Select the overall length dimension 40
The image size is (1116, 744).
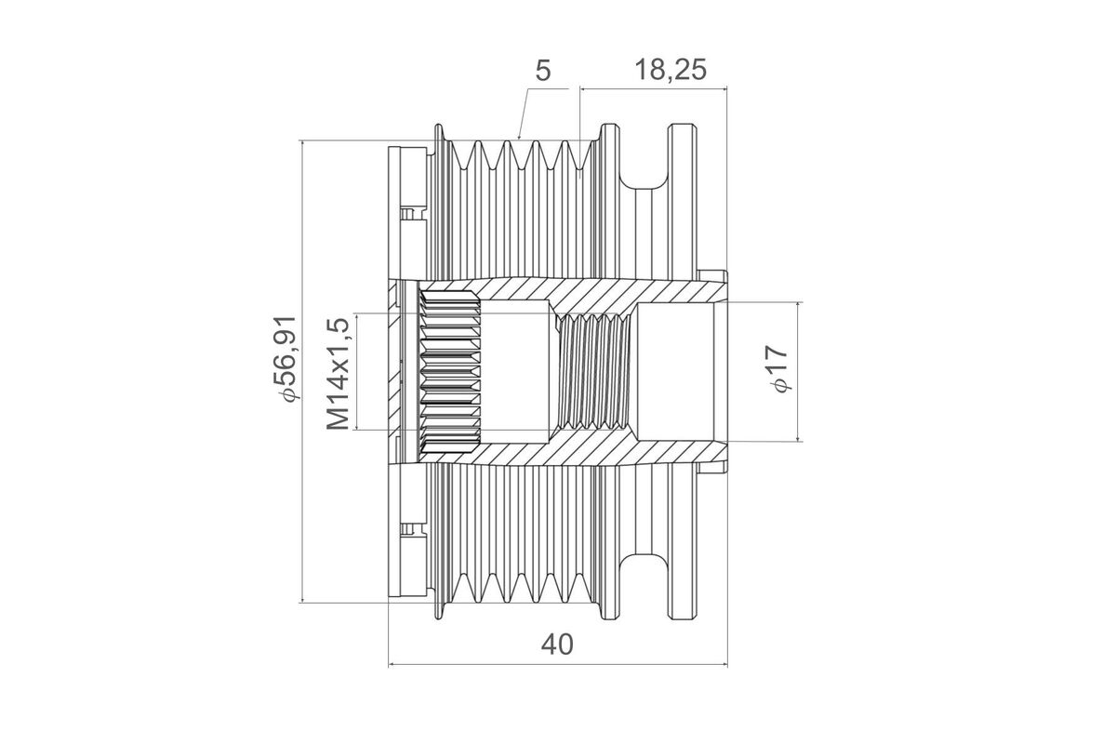tap(558, 644)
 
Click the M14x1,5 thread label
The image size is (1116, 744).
tap(339, 372)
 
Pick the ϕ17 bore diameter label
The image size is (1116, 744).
tap(777, 369)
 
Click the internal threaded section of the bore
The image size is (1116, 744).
tap(595, 372)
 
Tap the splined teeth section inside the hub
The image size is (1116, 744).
tap(449, 372)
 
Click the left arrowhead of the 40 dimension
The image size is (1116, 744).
tap(392, 665)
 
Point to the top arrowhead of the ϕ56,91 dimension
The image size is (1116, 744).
tap(304, 145)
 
